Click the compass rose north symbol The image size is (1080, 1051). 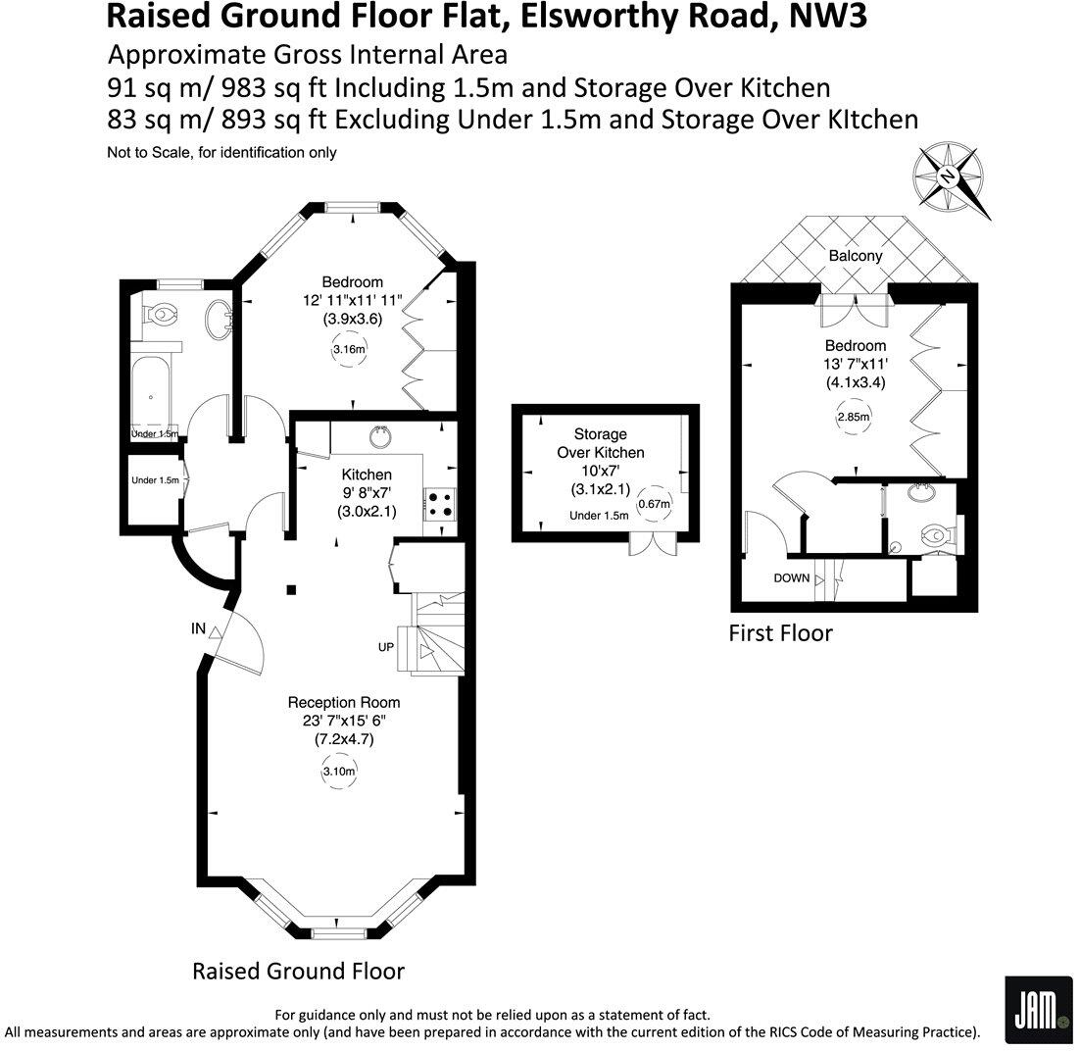(947, 176)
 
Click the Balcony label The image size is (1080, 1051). (856, 255)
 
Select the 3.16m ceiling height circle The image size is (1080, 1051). (349, 349)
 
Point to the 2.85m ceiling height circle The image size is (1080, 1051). (854, 417)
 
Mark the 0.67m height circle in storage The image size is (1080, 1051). (654, 505)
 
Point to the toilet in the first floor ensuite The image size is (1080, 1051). (936, 535)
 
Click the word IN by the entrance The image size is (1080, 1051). (199, 629)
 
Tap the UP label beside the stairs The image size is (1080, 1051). (386, 648)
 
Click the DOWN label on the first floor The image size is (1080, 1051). (792, 577)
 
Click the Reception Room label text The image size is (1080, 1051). (343, 702)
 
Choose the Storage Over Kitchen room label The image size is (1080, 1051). (600, 443)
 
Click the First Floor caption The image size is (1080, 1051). (780, 633)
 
